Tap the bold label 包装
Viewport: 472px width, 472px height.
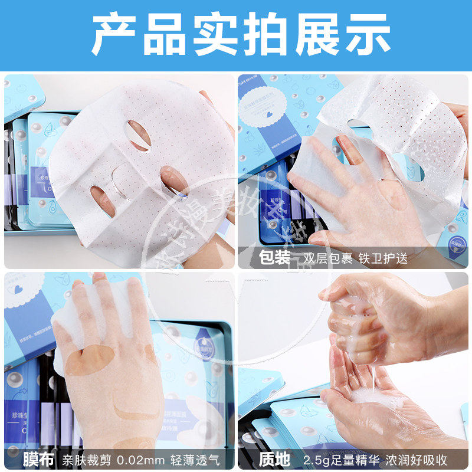click(x=275, y=258)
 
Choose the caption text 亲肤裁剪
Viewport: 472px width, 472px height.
click(x=87, y=458)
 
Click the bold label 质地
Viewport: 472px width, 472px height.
click(x=275, y=458)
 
